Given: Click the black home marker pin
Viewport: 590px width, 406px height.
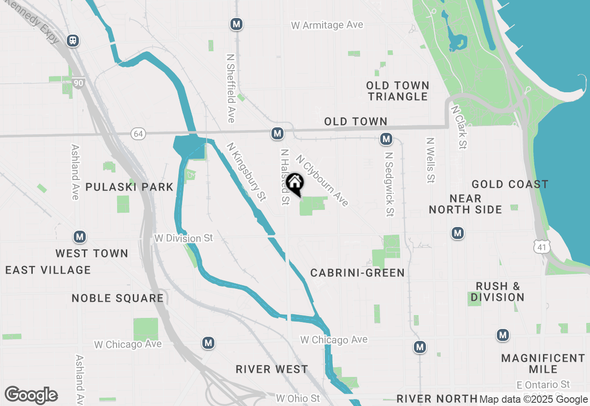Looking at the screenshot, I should point(295,184).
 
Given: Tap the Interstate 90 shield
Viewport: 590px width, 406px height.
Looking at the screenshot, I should point(78,84).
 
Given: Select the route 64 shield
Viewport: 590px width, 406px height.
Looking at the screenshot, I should point(138,134).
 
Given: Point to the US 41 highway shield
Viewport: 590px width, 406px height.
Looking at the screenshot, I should point(541,246).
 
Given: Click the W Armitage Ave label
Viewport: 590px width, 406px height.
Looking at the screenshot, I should point(327,25).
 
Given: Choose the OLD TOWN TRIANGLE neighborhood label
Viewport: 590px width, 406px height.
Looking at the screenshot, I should point(398,91).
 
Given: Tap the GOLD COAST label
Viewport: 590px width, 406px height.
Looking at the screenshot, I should point(510,185).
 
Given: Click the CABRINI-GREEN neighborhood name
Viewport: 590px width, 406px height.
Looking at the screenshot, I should point(357,273).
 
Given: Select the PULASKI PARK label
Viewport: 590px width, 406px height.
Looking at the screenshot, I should point(130,187).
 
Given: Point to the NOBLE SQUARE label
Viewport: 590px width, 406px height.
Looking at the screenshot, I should point(118,298).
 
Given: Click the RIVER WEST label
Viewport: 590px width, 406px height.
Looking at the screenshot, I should point(271,369).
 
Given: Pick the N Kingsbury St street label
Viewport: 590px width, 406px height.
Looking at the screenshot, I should point(246,172).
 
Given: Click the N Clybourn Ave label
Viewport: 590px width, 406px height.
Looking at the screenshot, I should point(322,180).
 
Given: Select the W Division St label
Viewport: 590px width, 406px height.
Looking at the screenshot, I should point(184,238).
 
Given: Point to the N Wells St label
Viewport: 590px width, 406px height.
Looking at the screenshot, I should point(431,160).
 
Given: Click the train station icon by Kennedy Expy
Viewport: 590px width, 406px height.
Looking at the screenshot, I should point(73,41).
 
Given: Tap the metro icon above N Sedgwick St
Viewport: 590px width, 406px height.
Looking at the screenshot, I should point(386,138).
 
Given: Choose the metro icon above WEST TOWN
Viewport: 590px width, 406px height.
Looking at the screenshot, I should point(80,237).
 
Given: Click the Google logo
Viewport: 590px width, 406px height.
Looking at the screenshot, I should point(31,395).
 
